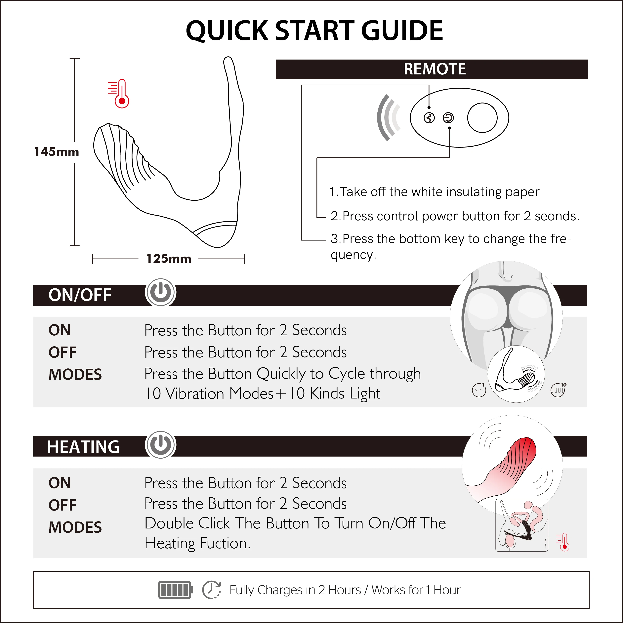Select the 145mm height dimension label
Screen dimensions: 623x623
57,152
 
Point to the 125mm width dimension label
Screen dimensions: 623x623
168,259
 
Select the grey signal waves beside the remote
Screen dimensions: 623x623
388,118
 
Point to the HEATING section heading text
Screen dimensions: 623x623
83,447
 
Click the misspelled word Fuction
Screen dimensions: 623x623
225,543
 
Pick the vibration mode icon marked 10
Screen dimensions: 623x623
558,390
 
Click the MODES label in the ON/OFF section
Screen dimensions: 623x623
75,374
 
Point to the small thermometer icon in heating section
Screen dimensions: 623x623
563,542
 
